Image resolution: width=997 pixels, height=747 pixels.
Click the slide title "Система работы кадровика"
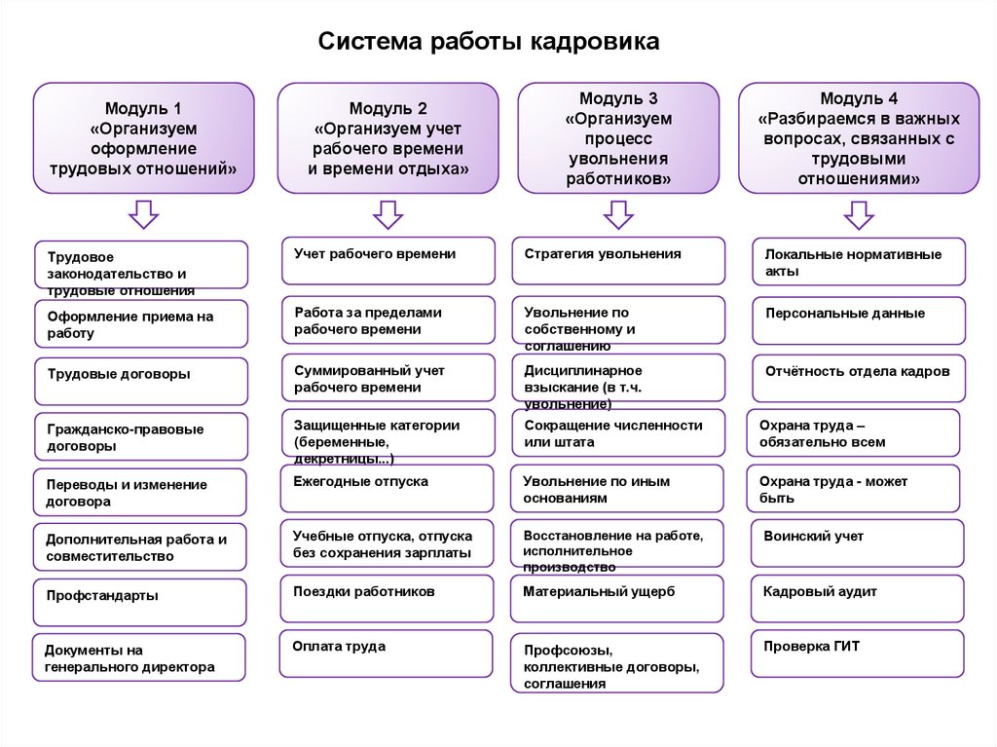coord(490,42)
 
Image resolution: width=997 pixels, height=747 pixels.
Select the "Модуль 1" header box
coord(144,138)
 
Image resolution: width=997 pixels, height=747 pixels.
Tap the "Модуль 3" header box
coord(618,138)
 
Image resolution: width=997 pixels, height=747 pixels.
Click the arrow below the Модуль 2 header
coord(388,213)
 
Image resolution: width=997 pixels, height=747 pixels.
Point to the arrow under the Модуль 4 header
coord(858,213)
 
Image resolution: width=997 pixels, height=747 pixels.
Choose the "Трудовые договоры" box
coord(140,381)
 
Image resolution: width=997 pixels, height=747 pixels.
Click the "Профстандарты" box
coord(140,603)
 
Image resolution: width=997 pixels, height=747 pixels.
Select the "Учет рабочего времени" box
coord(388,261)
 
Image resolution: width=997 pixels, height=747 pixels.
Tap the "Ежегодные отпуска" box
coord(388,488)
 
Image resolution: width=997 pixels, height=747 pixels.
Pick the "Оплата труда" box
coord(386,653)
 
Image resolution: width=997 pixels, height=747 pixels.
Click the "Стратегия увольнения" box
coord(618,261)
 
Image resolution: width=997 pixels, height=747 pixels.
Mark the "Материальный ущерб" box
coord(617,598)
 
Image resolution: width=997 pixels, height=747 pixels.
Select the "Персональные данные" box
coord(859,320)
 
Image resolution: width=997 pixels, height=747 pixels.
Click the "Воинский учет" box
coord(857,542)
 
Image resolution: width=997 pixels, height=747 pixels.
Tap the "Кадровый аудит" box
coord(857,598)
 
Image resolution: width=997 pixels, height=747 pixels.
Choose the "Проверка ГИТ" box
coord(857,653)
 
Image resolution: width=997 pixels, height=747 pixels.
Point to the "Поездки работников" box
coord(387,598)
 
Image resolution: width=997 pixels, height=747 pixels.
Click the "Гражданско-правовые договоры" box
coord(140,437)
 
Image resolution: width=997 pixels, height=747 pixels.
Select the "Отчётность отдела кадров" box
coord(859,379)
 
